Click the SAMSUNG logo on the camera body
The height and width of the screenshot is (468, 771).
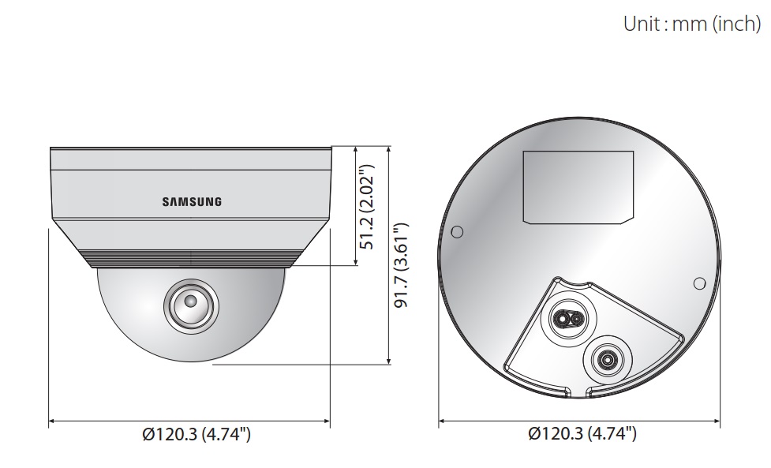(x=192, y=201)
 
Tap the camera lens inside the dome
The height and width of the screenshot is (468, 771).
(x=189, y=301)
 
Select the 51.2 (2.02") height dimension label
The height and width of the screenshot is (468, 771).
(x=365, y=207)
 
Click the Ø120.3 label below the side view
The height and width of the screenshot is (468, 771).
(x=190, y=433)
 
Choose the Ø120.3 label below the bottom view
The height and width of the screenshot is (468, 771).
(x=581, y=433)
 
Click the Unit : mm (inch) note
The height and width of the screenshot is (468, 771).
(x=691, y=24)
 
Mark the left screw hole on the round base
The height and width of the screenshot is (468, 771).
(x=457, y=233)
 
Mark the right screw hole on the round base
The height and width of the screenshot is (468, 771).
(x=698, y=283)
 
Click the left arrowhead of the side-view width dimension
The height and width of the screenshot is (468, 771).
(x=52, y=421)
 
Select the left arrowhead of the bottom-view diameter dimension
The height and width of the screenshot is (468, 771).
(x=442, y=421)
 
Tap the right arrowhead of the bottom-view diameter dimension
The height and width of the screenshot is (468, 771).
(x=719, y=421)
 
